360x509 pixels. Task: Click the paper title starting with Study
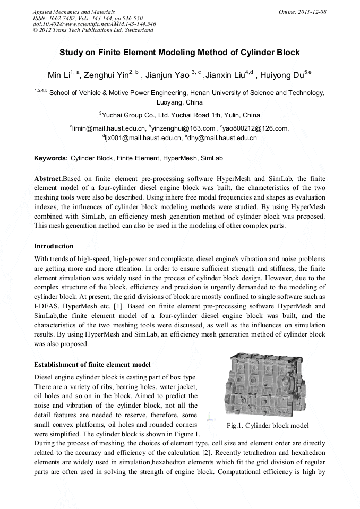coord(179,53)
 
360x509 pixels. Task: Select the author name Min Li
coord(57,73)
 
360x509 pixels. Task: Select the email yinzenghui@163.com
coord(183,128)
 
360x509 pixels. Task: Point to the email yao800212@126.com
coord(256,128)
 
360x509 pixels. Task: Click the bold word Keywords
coord(50,158)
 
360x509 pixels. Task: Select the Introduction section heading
coord(54,246)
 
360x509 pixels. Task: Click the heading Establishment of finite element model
coord(92,364)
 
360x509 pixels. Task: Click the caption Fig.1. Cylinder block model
coord(267,425)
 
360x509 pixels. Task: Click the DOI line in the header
coord(94,24)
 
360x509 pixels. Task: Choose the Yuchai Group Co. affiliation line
coord(179,115)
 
